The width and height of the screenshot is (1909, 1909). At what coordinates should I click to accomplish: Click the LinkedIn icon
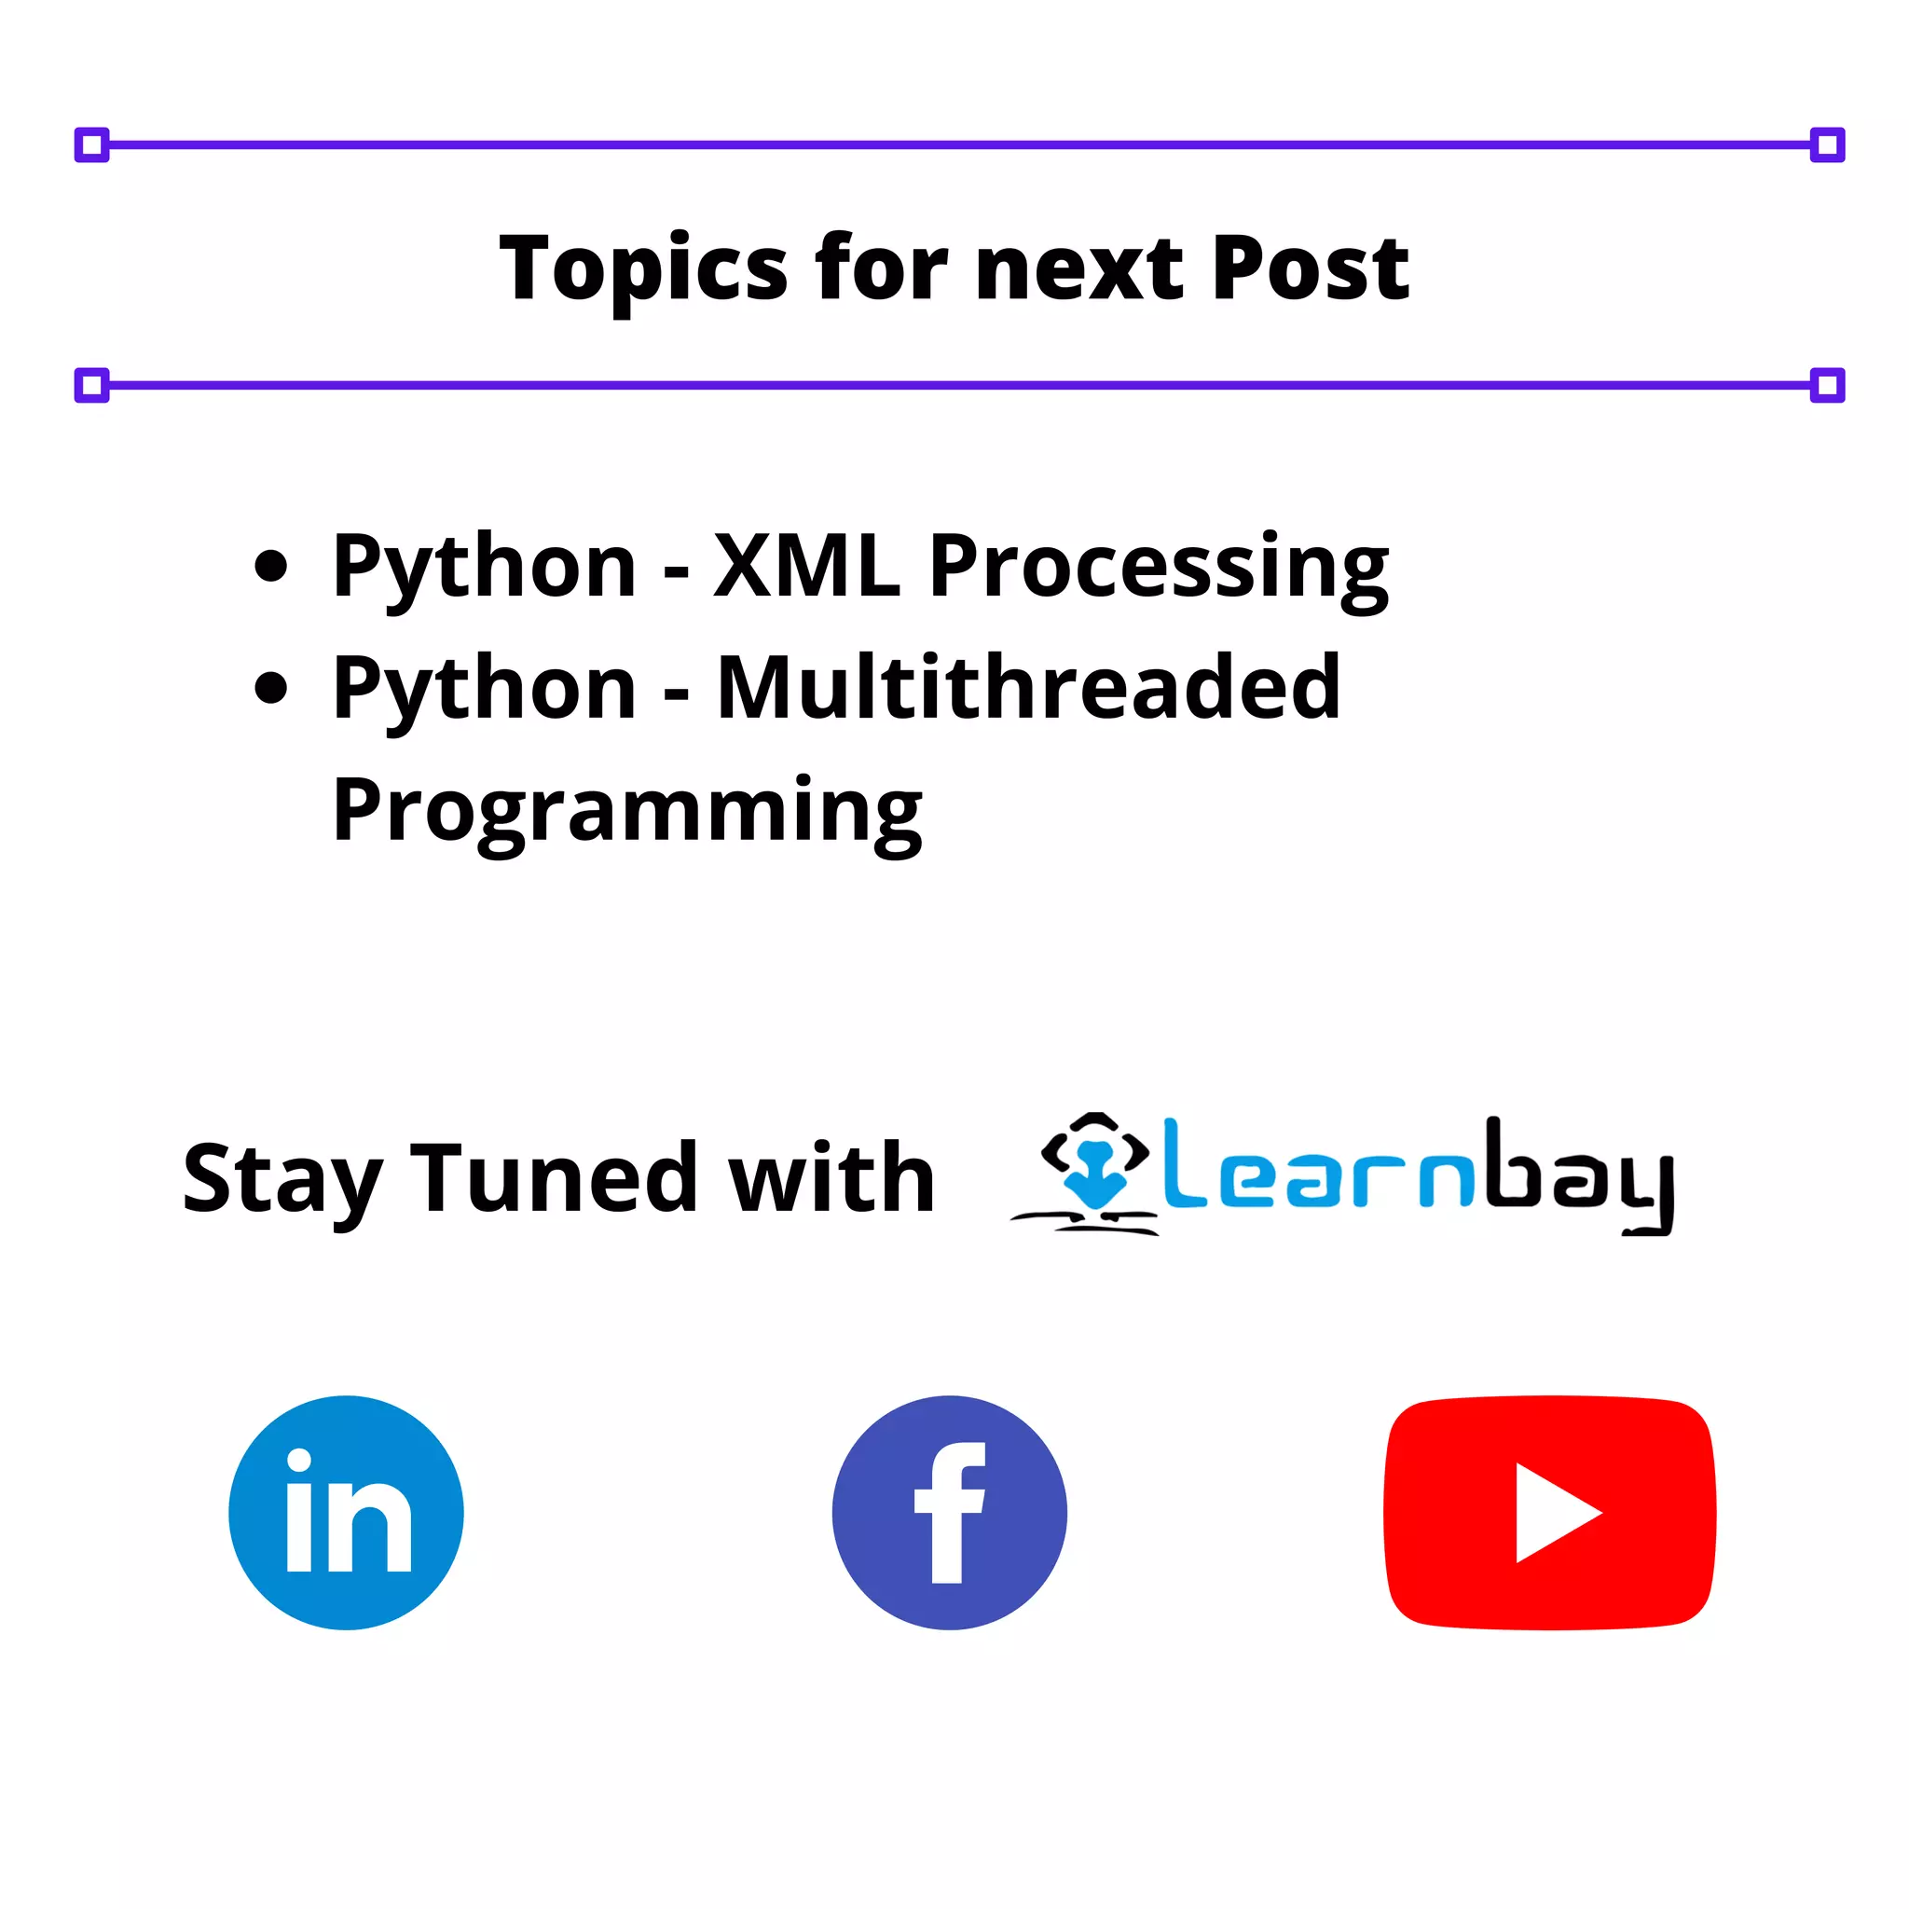coord(346,1513)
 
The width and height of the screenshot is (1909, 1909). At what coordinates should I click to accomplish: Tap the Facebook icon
coord(949,1513)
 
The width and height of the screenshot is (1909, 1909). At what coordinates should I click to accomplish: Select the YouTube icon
coord(1548,1513)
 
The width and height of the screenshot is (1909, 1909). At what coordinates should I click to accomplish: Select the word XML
coord(806,565)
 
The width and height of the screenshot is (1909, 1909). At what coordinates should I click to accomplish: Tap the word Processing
coord(1158,567)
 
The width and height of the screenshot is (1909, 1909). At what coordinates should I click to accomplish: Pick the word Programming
coord(627,810)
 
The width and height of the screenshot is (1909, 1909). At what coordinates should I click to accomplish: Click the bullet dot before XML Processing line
coord(270,566)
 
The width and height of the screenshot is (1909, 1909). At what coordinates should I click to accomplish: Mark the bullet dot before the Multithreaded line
coord(270,688)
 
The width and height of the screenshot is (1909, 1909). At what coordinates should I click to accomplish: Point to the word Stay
coord(282,1180)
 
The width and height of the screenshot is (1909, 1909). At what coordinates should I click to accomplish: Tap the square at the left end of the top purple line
coord(92,145)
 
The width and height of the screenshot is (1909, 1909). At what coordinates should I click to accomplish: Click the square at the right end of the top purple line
coord(1827,145)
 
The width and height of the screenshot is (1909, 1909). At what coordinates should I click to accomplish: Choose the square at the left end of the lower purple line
coord(92,384)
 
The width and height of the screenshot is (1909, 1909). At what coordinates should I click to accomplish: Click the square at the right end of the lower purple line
coord(1827,384)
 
